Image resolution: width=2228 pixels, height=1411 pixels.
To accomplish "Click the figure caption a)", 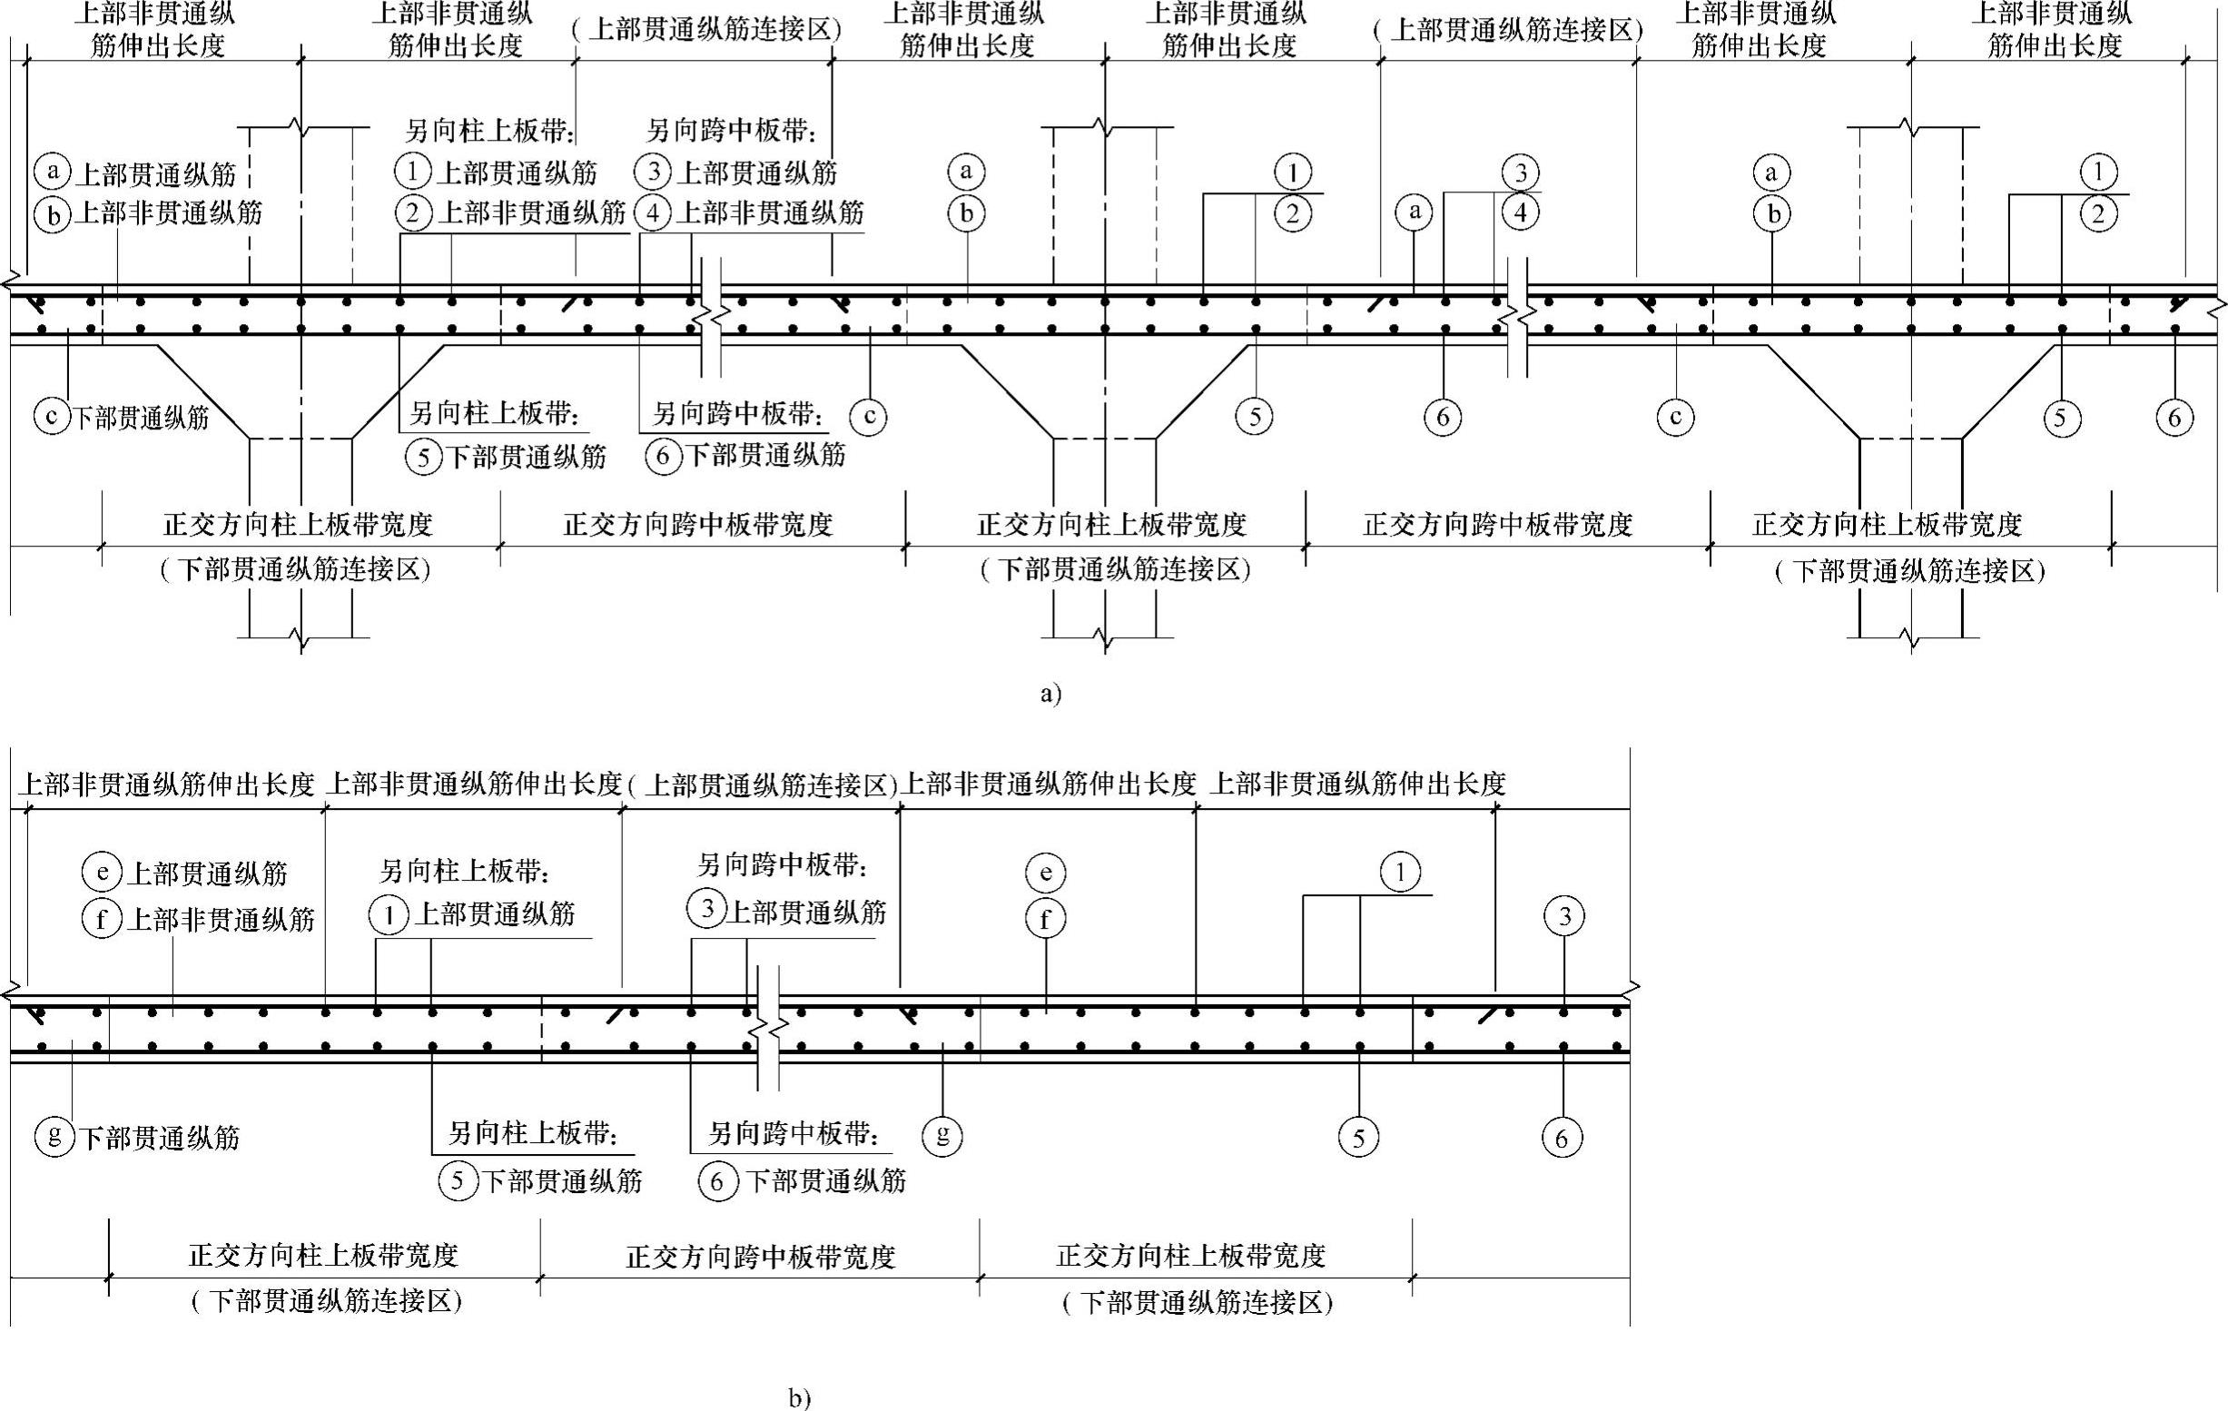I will (x=1050, y=694).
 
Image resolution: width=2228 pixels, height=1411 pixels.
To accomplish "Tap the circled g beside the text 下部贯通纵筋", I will (x=54, y=1135).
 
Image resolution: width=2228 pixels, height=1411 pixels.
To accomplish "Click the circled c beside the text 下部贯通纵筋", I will (x=52, y=417).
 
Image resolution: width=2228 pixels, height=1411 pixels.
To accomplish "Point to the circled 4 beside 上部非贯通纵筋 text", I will (x=653, y=213).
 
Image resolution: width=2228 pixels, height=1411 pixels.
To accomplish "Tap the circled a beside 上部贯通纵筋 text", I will (x=53, y=172).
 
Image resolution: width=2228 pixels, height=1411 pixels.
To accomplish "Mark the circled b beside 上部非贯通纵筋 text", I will (x=53, y=214).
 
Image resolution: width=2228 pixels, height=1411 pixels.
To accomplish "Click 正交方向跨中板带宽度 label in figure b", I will (x=761, y=1257).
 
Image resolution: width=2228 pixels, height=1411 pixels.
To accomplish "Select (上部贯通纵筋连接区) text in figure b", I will (x=763, y=785).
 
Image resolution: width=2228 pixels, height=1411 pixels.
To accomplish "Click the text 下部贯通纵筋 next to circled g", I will (x=159, y=1137).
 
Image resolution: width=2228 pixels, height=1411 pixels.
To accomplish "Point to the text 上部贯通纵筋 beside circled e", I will (x=207, y=873).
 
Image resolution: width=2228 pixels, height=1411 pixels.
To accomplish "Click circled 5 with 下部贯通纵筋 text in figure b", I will (x=457, y=1180).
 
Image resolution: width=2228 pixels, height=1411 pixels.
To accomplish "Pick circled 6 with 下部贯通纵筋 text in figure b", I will (x=718, y=1180).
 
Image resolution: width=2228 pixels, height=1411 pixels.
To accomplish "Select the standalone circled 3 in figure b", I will (x=1563, y=916).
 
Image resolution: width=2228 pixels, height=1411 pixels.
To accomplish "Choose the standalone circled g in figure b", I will (x=941, y=1134).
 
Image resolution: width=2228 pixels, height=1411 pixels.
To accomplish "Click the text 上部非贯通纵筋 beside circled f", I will (x=221, y=919).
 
